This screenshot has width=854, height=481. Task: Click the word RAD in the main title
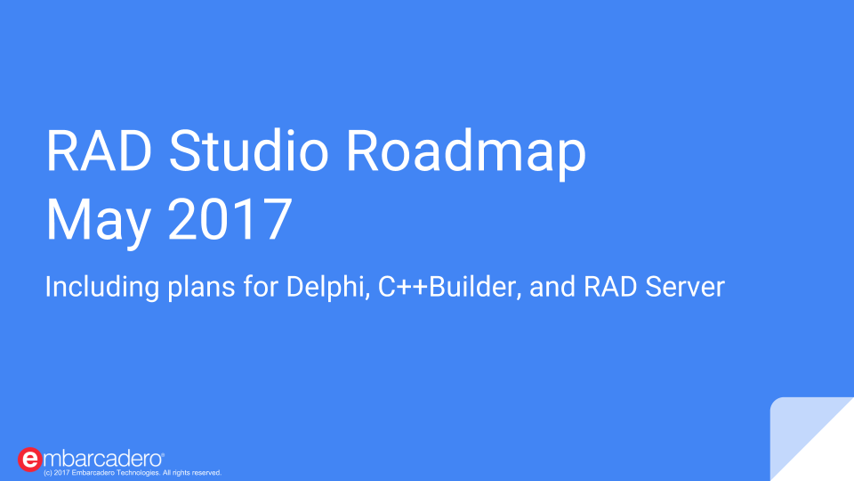pos(99,151)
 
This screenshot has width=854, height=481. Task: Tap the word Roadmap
pos(466,154)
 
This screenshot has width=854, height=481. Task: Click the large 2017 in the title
pos(230,219)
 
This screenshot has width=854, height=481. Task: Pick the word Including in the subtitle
pos(101,288)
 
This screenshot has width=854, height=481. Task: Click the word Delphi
pos(328,286)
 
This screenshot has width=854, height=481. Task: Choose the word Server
pos(685,287)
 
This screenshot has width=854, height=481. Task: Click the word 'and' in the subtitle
pos(552,287)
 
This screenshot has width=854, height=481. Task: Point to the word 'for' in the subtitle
pos(261,286)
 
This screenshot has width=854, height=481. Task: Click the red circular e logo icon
pos(29,460)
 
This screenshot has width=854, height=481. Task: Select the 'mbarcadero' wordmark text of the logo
pos(103,460)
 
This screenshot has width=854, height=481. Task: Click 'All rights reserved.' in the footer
pos(192,473)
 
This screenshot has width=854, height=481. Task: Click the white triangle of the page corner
pos(826,452)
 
